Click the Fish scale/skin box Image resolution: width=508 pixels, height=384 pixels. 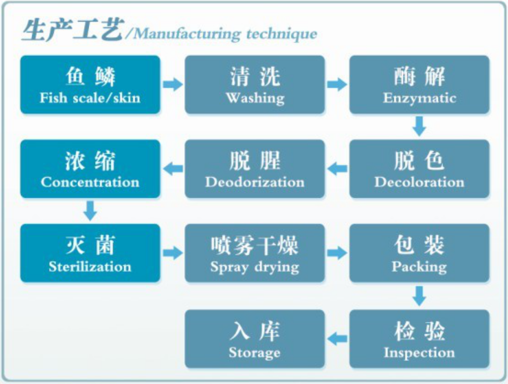pos(90,85)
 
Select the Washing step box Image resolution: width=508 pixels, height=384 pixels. pos(255,85)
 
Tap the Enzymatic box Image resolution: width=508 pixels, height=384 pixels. pos(419,85)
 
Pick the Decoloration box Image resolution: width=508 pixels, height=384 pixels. pos(419,169)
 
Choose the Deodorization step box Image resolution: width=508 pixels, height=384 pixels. pos(255,169)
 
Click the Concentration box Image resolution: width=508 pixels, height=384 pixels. pos(90,169)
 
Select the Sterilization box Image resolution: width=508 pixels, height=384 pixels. pos(90,253)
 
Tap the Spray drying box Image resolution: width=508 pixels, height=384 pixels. pos(255,253)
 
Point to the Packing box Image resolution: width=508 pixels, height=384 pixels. pos(419,253)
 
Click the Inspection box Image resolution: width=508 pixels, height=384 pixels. pos(419,339)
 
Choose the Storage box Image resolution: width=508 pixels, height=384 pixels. pos(255,339)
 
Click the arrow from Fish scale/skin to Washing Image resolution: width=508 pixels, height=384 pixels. pos(173,85)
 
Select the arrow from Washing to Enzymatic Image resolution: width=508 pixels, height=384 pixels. pos(337,85)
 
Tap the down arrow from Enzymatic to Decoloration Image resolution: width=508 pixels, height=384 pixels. pos(419,127)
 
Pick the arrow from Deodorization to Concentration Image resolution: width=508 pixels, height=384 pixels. pos(173,169)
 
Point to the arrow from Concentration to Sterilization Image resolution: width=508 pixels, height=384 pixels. pos(90,211)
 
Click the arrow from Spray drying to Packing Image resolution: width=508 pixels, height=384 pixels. pos(337,253)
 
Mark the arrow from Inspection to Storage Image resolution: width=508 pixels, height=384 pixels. pos(337,339)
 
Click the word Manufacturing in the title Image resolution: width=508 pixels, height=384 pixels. pos(187,34)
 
